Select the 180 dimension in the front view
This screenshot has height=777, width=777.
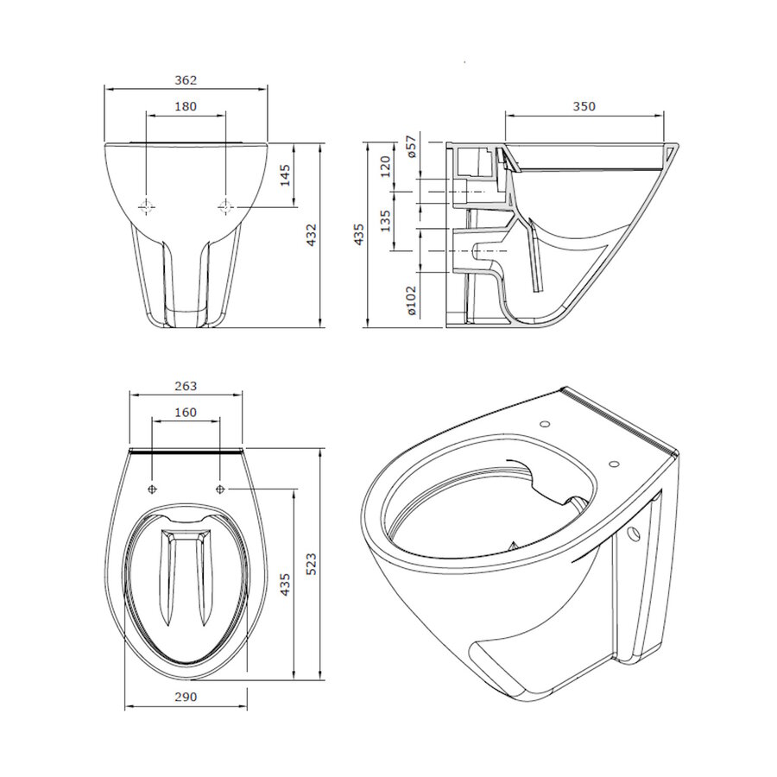[186, 107]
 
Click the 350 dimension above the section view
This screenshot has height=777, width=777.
[584, 107]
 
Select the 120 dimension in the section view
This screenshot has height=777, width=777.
[386, 164]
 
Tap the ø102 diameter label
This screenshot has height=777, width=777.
[412, 300]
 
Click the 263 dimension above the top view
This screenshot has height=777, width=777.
[186, 386]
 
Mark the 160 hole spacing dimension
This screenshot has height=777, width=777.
[186, 413]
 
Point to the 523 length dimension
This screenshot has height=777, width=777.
[313, 563]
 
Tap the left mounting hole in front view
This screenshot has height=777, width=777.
[147, 206]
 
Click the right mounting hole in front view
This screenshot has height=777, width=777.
[225, 206]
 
